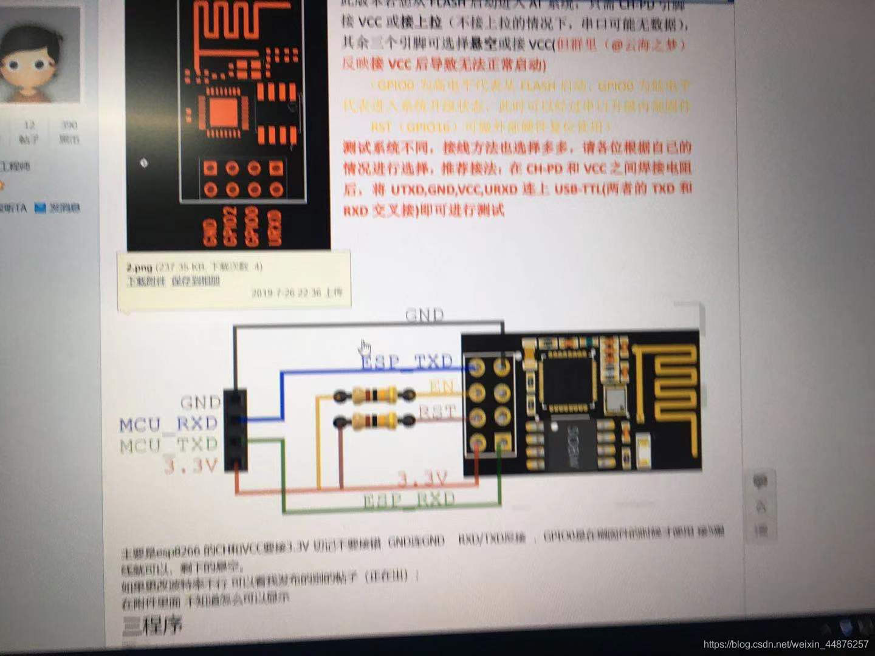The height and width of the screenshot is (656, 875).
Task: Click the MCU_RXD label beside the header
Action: [168, 423]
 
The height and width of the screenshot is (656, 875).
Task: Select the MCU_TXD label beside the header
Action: [168, 445]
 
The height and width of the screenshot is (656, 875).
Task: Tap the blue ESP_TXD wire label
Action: [407, 363]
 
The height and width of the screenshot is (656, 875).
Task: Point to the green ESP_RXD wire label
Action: [408, 501]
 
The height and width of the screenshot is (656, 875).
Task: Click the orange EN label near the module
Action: [442, 386]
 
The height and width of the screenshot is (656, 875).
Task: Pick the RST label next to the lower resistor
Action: [437, 413]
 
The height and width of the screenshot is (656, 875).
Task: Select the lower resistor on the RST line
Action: [374, 420]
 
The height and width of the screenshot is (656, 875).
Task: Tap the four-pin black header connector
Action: [236, 430]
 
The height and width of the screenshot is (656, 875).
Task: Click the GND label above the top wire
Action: [424, 315]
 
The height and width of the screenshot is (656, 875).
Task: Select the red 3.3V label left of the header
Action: [191, 466]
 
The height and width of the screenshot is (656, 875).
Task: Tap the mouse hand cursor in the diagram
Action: [365, 348]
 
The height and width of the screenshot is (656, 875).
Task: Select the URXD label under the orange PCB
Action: [274, 228]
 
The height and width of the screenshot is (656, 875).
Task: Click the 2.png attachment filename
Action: [139, 267]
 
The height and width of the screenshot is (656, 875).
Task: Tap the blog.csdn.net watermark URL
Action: [786, 644]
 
